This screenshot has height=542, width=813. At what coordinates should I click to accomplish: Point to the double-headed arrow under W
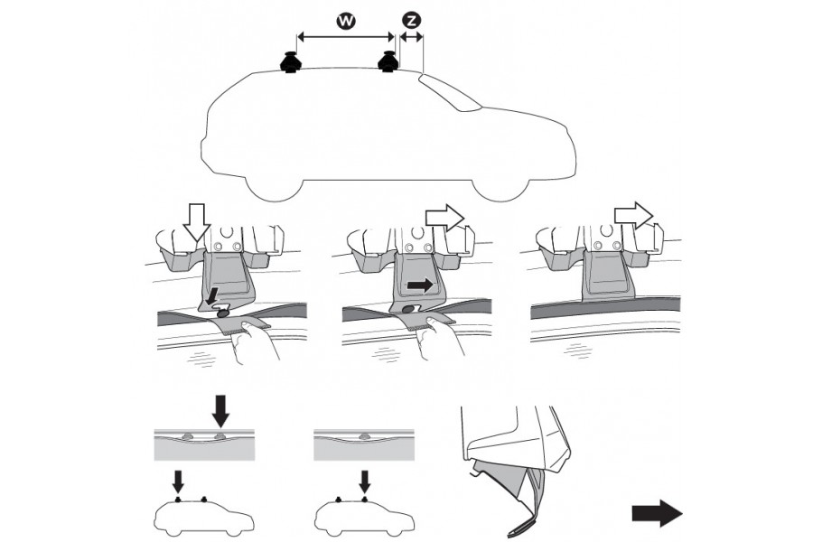click(346, 37)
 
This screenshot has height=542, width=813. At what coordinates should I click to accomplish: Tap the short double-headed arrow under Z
click(412, 37)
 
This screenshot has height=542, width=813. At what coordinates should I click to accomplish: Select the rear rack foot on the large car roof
click(292, 63)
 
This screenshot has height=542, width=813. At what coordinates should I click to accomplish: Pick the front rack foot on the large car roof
click(389, 62)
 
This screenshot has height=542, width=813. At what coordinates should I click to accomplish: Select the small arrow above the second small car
click(364, 479)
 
